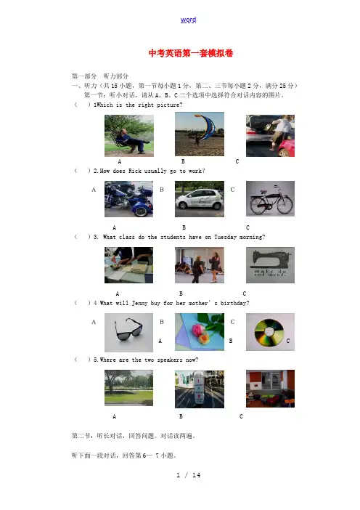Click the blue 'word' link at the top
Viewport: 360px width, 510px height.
(x=188, y=20)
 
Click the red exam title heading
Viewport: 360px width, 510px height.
(x=191, y=53)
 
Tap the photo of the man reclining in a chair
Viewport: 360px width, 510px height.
(x=129, y=136)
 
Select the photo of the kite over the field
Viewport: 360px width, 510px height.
(x=200, y=134)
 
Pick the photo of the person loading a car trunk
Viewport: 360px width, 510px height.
(x=270, y=136)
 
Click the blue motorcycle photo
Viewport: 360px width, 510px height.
(x=128, y=199)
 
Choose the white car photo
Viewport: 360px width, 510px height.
(x=200, y=199)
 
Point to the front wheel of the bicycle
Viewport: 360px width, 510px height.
(x=285, y=205)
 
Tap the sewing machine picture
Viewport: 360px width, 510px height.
(x=270, y=265)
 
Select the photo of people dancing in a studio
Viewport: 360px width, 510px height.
(x=200, y=265)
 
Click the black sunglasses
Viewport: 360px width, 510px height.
(x=128, y=330)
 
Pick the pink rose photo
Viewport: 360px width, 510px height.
(x=200, y=332)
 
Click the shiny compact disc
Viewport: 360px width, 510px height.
(x=269, y=332)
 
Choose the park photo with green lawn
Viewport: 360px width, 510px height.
(x=128, y=388)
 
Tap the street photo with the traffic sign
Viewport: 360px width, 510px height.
(x=200, y=389)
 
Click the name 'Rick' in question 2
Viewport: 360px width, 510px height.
(x=135, y=171)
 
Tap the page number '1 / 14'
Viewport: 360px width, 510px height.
(x=189, y=475)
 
